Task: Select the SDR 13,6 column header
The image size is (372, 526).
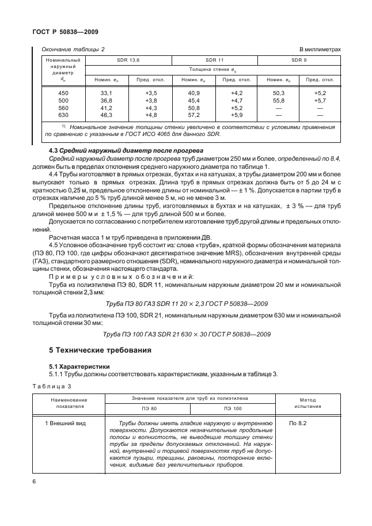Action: [x=128, y=59]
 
